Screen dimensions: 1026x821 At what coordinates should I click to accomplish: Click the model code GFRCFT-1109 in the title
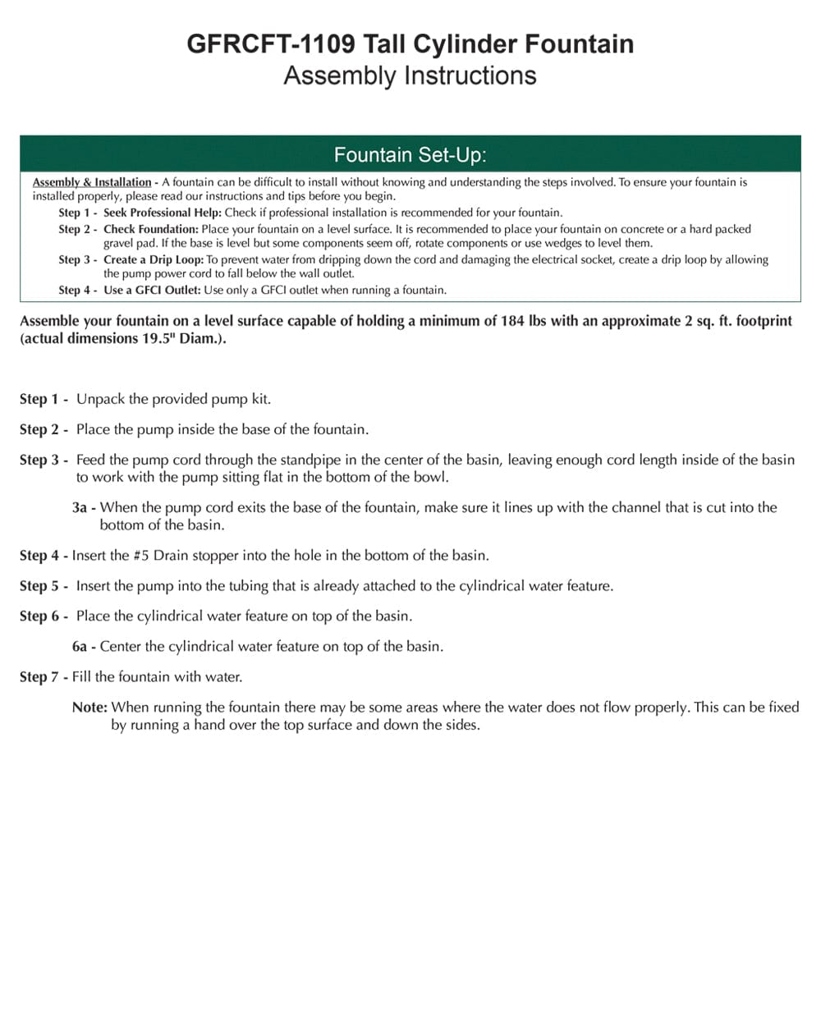click(x=271, y=44)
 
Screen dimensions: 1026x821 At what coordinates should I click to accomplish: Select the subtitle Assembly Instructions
click(x=410, y=76)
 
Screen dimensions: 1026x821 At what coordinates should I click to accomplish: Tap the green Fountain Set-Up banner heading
click(x=410, y=154)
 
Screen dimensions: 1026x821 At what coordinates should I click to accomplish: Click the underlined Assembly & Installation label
click(x=92, y=182)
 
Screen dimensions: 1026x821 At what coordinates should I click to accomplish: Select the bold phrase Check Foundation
click(x=151, y=229)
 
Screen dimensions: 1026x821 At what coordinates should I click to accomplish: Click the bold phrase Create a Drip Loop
click(x=154, y=259)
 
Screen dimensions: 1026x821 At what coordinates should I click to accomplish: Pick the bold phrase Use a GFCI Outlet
click(x=152, y=290)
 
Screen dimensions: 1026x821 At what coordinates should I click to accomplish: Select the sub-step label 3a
click(x=80, y=508)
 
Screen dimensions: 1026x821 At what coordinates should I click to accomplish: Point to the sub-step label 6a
click(x=80, y=647)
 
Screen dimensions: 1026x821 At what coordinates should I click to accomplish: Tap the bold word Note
click(x=89, y=707)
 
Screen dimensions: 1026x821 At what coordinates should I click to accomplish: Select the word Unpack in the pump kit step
click(x=100, y=399)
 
